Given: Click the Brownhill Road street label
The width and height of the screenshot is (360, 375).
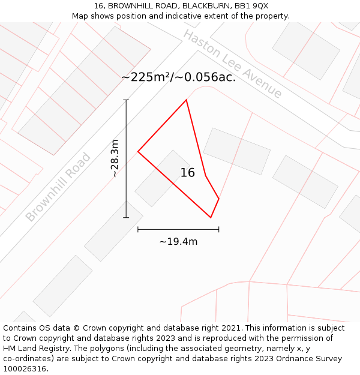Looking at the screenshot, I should (58, 187).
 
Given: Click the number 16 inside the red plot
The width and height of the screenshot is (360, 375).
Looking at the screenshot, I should (188, 173).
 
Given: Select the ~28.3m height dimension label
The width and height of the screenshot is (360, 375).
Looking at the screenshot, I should (115, 158).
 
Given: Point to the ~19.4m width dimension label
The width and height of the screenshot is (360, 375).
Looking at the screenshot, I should (178, 242).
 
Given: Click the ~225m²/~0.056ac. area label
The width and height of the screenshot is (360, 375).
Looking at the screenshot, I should (178, 77).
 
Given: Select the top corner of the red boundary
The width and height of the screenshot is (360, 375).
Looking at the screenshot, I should (187, 100).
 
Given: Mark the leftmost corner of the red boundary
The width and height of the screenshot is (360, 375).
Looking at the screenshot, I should (138, 151).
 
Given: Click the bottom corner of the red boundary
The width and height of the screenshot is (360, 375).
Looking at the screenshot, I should (211, 217).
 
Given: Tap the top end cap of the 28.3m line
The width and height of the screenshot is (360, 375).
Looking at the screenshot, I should (126, 100).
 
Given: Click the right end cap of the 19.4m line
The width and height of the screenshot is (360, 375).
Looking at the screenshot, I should (218, 229).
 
